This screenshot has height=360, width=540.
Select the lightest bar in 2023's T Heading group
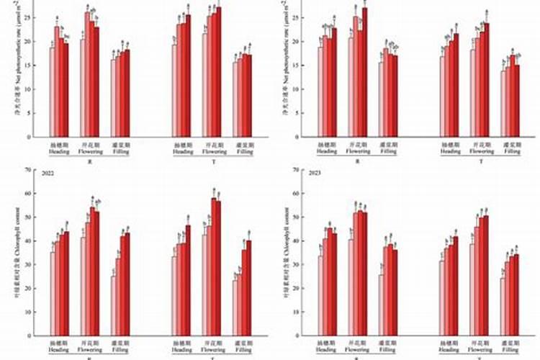(x=442, y=299)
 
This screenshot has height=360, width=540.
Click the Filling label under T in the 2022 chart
(x=246, y=349)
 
